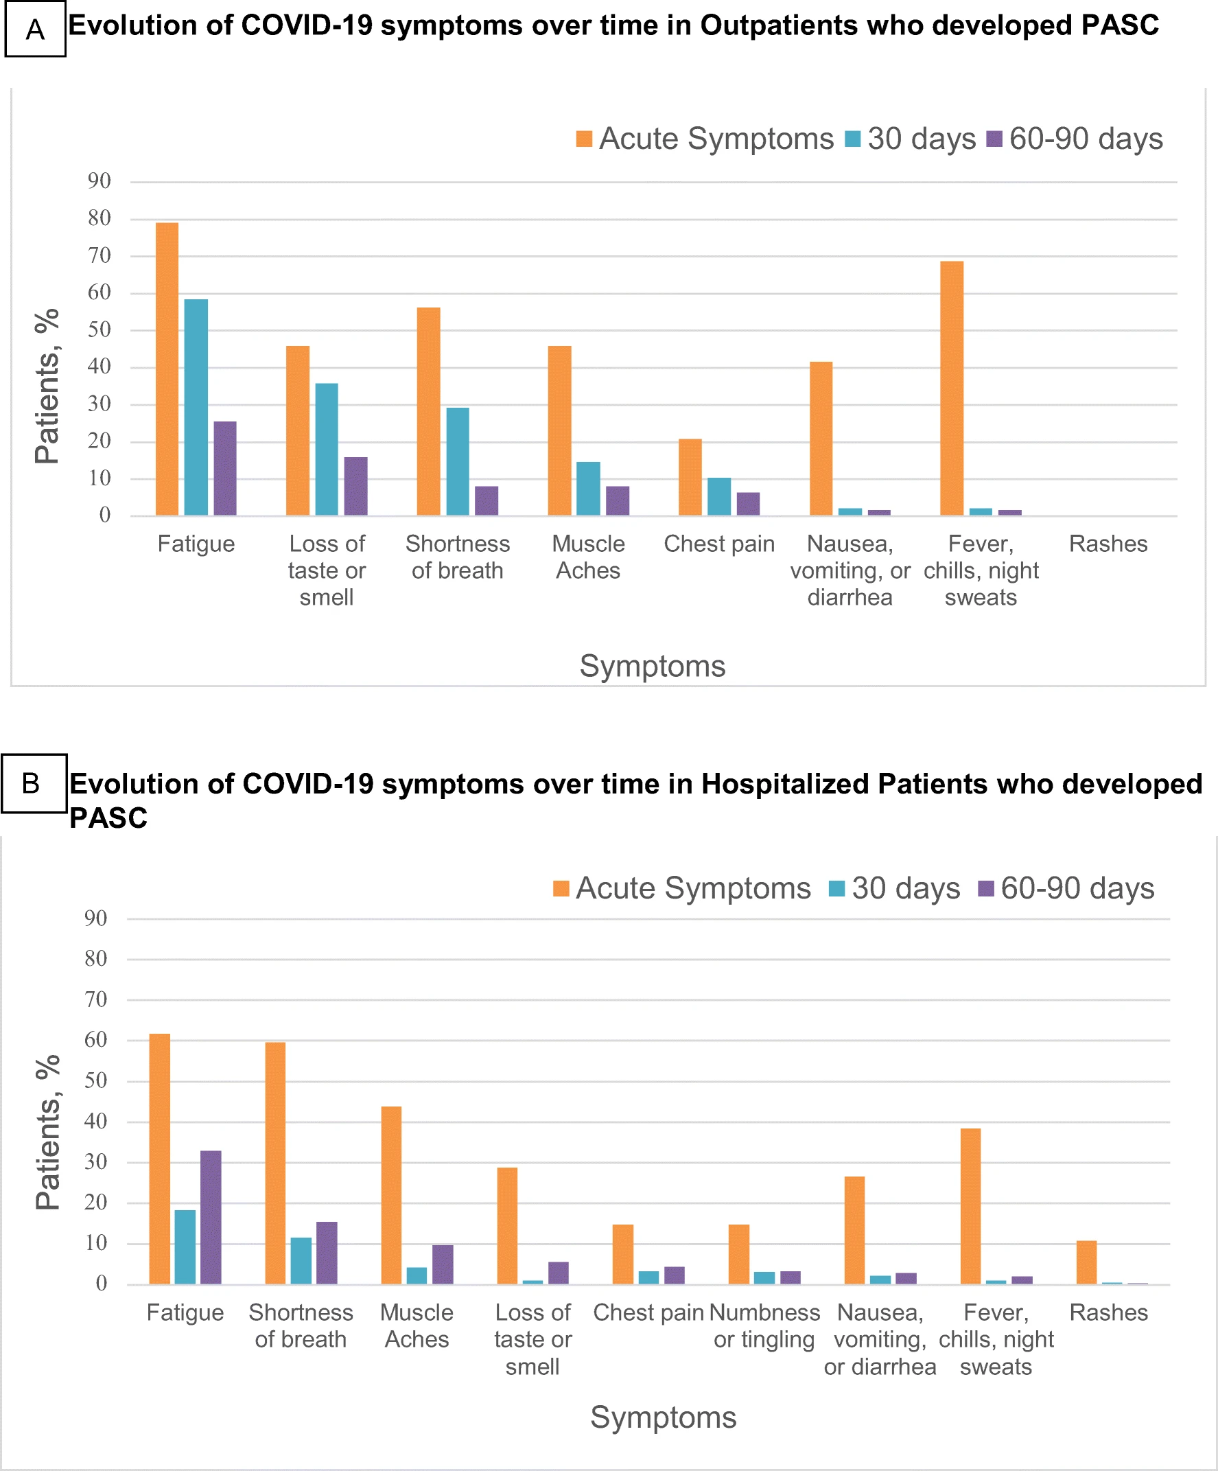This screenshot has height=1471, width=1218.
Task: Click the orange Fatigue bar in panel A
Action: tap(167, 369)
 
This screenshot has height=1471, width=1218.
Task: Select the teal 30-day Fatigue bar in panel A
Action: tap(196, 408)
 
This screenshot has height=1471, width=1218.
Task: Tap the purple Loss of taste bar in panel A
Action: tap(356, 486)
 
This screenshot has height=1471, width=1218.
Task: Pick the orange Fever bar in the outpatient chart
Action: tap(952, 388)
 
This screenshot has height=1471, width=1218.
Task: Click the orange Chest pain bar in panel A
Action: tap(690, 477)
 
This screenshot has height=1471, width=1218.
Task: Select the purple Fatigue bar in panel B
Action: tap(211, 1217)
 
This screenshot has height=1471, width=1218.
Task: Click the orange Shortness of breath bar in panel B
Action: tap(275, 1163)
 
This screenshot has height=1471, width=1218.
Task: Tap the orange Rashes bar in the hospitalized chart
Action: tap(1086, 1262)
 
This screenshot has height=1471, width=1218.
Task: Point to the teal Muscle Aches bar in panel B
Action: tap(417, 1275)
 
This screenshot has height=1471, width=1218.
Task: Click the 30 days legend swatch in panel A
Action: tap(852, 139)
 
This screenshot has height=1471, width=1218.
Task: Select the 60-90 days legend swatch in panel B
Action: tap(985, 888)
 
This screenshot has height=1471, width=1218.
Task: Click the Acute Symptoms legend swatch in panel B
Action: tap(561, 888)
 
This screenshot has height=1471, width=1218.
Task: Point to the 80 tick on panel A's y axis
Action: tap(99, 218)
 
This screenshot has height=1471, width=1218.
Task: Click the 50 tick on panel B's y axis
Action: tap(96, 1080)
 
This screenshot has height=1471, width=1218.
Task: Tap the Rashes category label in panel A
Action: tap(1108, 544)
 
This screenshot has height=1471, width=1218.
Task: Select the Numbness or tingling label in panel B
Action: tap(764, 1325)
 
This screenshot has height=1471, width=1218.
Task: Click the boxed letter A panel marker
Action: tap(35, 30)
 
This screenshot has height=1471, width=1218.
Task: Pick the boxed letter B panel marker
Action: tap(32, 783)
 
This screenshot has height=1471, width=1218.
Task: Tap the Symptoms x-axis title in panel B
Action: tap(664, 1417)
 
